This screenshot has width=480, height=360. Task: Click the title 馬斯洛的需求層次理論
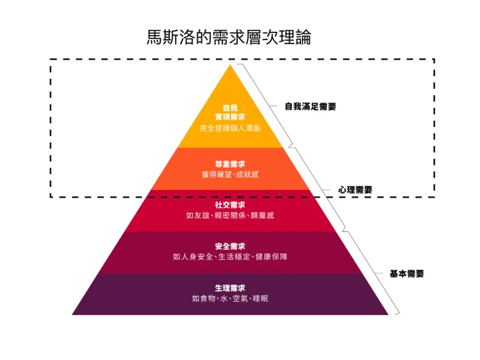pyautogui.click(x=229, y=37)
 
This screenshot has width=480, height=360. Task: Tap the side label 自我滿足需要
pyautogui.click(x=311, y=106)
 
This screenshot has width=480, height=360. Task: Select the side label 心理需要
pyautogui.click(x=355, y=190)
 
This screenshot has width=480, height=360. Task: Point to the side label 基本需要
pyautogui.click(x=407, y=274)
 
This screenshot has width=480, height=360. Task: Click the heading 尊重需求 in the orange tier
pyautogui.click(x=230, y=164)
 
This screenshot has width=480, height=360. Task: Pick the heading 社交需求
pyautogui.click(x=230, y=205)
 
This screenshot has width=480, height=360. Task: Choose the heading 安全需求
pyautogui.click(x=230, y=246)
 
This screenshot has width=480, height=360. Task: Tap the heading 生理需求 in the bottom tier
pyautogui.click(x=230, y=288)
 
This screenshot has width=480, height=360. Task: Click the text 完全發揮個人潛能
pyautogui.click(x=230, y=128)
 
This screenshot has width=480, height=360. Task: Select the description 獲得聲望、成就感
pyautogui.click(x=230, y=174)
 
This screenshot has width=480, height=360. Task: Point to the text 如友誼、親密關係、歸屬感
pyautogui.click(x=230, y=215)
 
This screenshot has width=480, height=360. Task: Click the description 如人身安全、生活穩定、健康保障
pyautogui.click(x=230, y=257)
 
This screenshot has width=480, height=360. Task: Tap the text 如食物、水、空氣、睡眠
pyautogui.click(x=230, y=298)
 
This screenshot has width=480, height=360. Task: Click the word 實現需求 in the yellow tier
pyautogui.click(x=230, y=117)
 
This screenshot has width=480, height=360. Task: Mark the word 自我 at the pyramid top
pyautogui.click(x=230, y=108)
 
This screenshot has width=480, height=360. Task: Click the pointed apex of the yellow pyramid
pyautogui.click(x=230, y=66)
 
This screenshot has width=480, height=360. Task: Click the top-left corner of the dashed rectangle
pyautogui.click(x=51, y=60)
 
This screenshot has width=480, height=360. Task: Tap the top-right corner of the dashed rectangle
pyautogui.click(x=433, y=60)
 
